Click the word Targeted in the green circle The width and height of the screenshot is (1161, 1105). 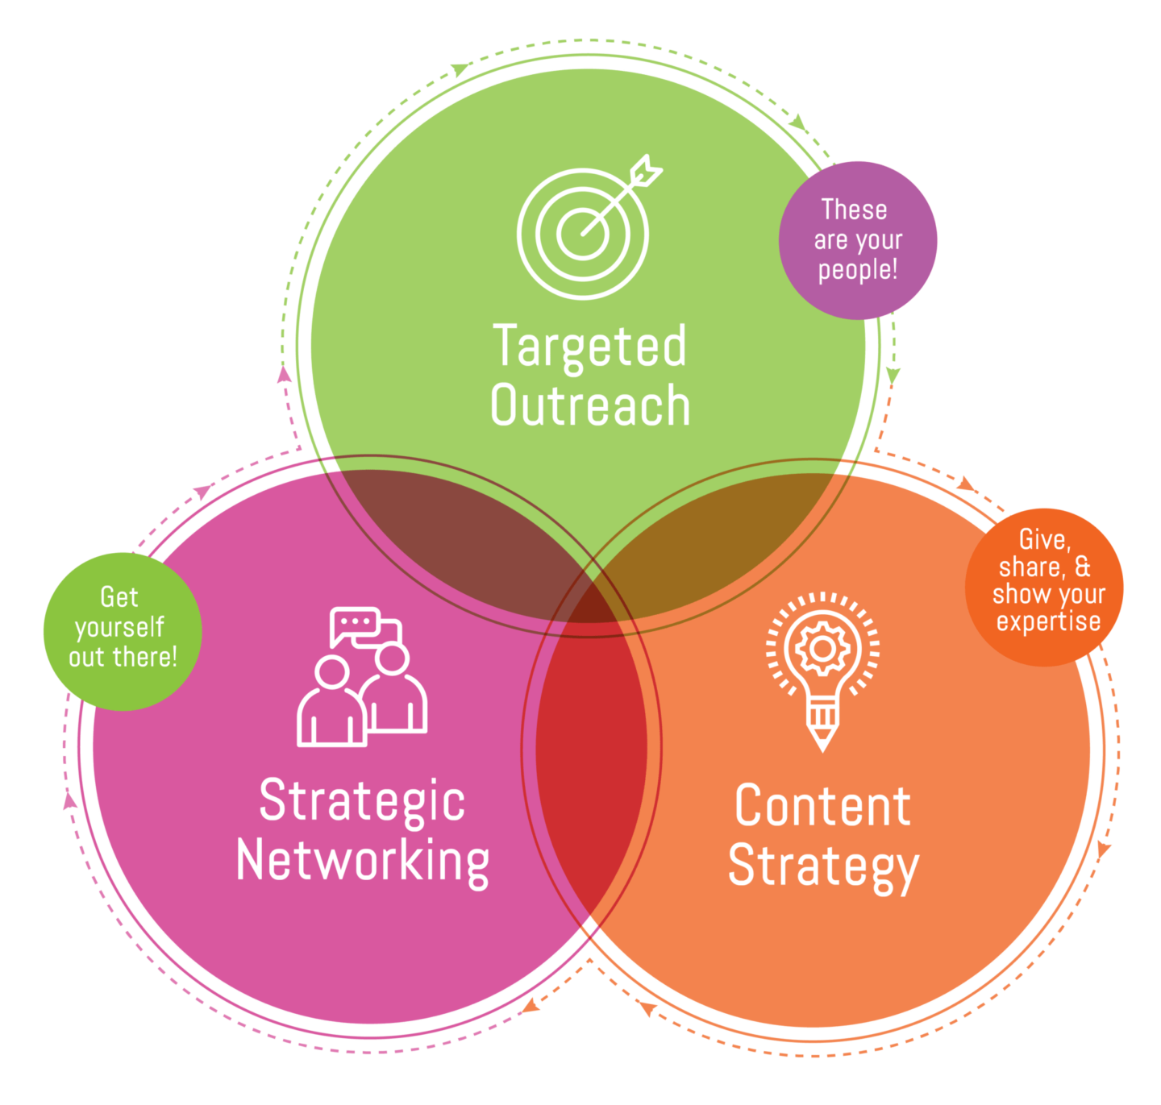point(589,347)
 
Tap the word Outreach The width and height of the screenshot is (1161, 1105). point(589,405)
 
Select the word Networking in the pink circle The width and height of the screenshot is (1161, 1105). point(362,861)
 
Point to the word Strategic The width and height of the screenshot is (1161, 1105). point(362,800)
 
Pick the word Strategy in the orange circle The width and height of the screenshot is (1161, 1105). point(822,866)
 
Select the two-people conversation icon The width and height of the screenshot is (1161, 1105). point(362,677)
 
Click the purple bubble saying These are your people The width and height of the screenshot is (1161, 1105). point(858,239)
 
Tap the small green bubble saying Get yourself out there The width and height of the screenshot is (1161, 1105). point(122,629)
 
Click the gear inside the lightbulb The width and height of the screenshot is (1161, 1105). point(822,648)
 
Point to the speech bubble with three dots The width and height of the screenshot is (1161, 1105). point(355,624)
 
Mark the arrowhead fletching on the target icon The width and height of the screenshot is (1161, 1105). point(645,172)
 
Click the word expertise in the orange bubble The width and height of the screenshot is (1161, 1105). point(1048,621)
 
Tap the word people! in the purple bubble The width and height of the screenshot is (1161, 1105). point(858,270)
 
